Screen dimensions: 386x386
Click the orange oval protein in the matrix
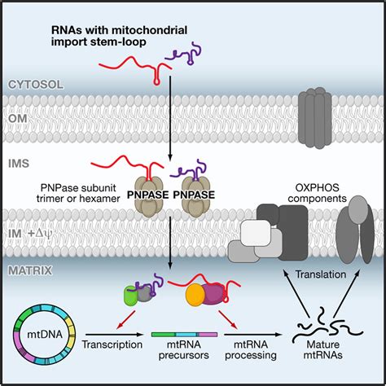pyautogui.click(x=198, y=293)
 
